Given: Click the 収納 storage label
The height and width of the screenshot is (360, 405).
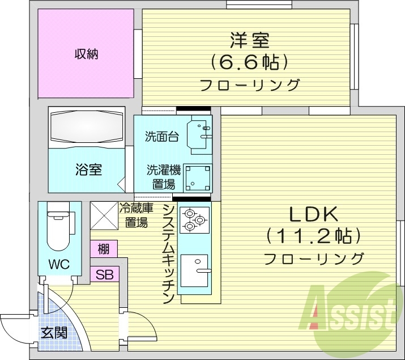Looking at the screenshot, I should point(86,54).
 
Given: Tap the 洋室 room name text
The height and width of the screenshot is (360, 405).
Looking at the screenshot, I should point(249,41).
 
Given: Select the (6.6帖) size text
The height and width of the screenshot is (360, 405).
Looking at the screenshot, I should point(249,61).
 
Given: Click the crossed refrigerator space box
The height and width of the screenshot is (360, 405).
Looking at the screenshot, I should point(104,215).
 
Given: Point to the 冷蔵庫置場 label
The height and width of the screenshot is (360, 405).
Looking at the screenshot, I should point(135,215).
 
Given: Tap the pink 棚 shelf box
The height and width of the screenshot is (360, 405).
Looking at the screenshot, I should point(104,249).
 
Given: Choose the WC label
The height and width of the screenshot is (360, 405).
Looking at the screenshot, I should point(58,265).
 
